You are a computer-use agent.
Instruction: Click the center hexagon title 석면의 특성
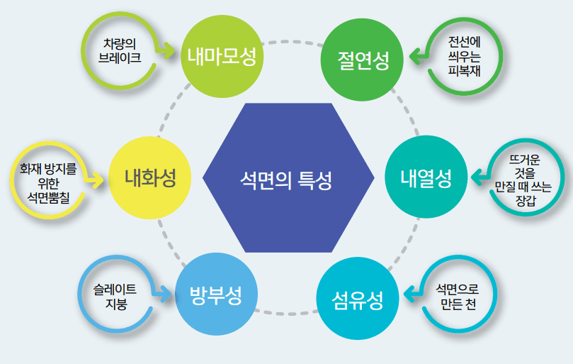click(x=289, y=177)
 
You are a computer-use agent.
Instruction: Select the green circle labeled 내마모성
click(x=222, y=55)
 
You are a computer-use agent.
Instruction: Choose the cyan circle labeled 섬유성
click(x=357, y=300)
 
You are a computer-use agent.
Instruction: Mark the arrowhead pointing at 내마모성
click(x=170, y=51)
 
